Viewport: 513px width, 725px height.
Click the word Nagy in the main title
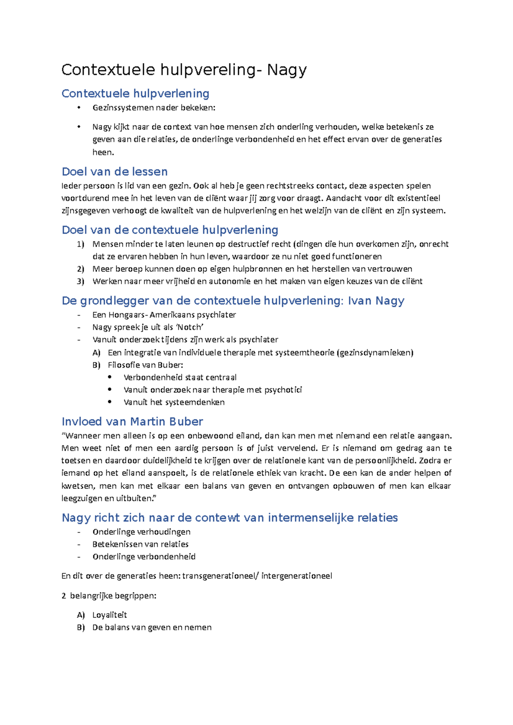point(286,70)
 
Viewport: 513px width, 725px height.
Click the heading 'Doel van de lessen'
point(115,172)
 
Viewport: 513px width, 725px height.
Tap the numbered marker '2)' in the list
point(81,269)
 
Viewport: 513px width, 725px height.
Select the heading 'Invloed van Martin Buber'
point(132,421)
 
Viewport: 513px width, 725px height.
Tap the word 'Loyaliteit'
point(109,615)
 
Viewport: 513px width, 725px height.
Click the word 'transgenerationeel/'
point(221,576)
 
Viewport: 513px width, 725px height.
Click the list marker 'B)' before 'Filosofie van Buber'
point(96,365)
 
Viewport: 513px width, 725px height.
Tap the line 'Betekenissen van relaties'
point(140,544)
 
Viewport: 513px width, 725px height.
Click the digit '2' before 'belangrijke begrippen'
point(64,596)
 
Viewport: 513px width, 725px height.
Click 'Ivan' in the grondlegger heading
point(360,301)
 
